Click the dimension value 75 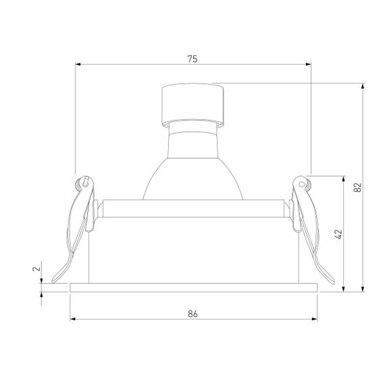click(192, 59)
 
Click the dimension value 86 click(192, 313)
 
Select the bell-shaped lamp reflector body click(192, 165)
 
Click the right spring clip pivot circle click(299, 181)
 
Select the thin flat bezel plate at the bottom click(192, 288)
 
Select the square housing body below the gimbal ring click(192, 253)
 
